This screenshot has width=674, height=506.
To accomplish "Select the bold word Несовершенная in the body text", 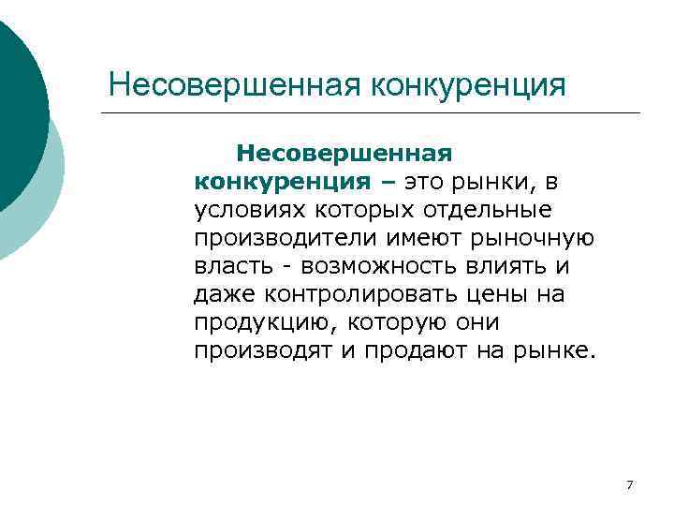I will pos(344,152).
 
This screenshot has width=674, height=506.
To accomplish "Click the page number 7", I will pos(629,484).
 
